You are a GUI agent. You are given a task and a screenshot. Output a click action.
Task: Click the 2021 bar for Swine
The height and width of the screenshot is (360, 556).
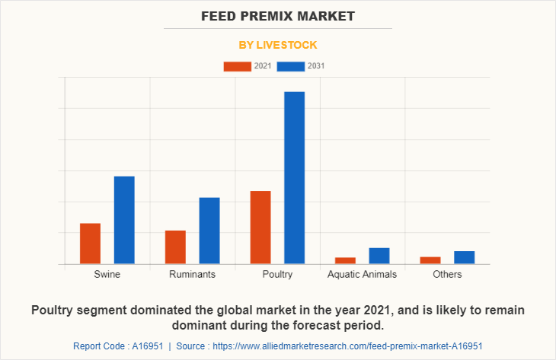(90, 244)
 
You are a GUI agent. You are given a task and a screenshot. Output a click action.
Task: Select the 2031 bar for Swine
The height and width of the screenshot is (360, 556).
(124, 220)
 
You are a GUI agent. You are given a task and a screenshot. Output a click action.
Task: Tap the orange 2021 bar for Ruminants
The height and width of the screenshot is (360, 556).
(175, 247)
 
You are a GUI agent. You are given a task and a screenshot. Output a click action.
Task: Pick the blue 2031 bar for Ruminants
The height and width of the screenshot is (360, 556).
(209, 231)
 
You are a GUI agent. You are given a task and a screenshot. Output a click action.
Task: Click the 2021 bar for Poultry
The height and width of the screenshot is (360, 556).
(260, 227)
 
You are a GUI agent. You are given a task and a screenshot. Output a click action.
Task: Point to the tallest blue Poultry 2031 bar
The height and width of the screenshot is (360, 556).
(295, 177)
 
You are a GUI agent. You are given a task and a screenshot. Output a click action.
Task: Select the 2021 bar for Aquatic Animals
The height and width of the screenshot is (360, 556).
(345, 260)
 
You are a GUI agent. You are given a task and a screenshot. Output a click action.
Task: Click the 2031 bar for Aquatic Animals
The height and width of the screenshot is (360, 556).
(379, 256)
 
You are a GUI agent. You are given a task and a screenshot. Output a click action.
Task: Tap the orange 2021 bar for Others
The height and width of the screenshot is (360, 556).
(430, 260)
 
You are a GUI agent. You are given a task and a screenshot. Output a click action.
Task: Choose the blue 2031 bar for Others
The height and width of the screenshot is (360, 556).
(465, 257)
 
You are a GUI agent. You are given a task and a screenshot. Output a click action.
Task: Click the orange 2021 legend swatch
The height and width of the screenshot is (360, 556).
(237, 66)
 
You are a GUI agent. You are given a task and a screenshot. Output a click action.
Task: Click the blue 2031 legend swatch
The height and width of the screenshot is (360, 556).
(291, 66)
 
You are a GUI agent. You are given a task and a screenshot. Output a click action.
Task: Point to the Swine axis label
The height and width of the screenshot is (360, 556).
(107, 274)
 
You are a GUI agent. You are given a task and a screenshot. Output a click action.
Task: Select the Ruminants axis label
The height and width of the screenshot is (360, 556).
(192, 274)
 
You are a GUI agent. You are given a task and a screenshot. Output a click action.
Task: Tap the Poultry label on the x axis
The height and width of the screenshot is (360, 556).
(277, 274)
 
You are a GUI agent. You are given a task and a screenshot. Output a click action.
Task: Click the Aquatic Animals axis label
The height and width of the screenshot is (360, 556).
(362, 274)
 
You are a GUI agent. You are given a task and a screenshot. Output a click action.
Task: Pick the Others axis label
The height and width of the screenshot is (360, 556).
(447, 274)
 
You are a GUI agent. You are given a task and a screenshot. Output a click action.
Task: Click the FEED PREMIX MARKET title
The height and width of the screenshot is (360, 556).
(278, 16)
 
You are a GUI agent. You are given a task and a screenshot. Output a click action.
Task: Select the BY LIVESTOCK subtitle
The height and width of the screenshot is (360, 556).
(278, 45)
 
